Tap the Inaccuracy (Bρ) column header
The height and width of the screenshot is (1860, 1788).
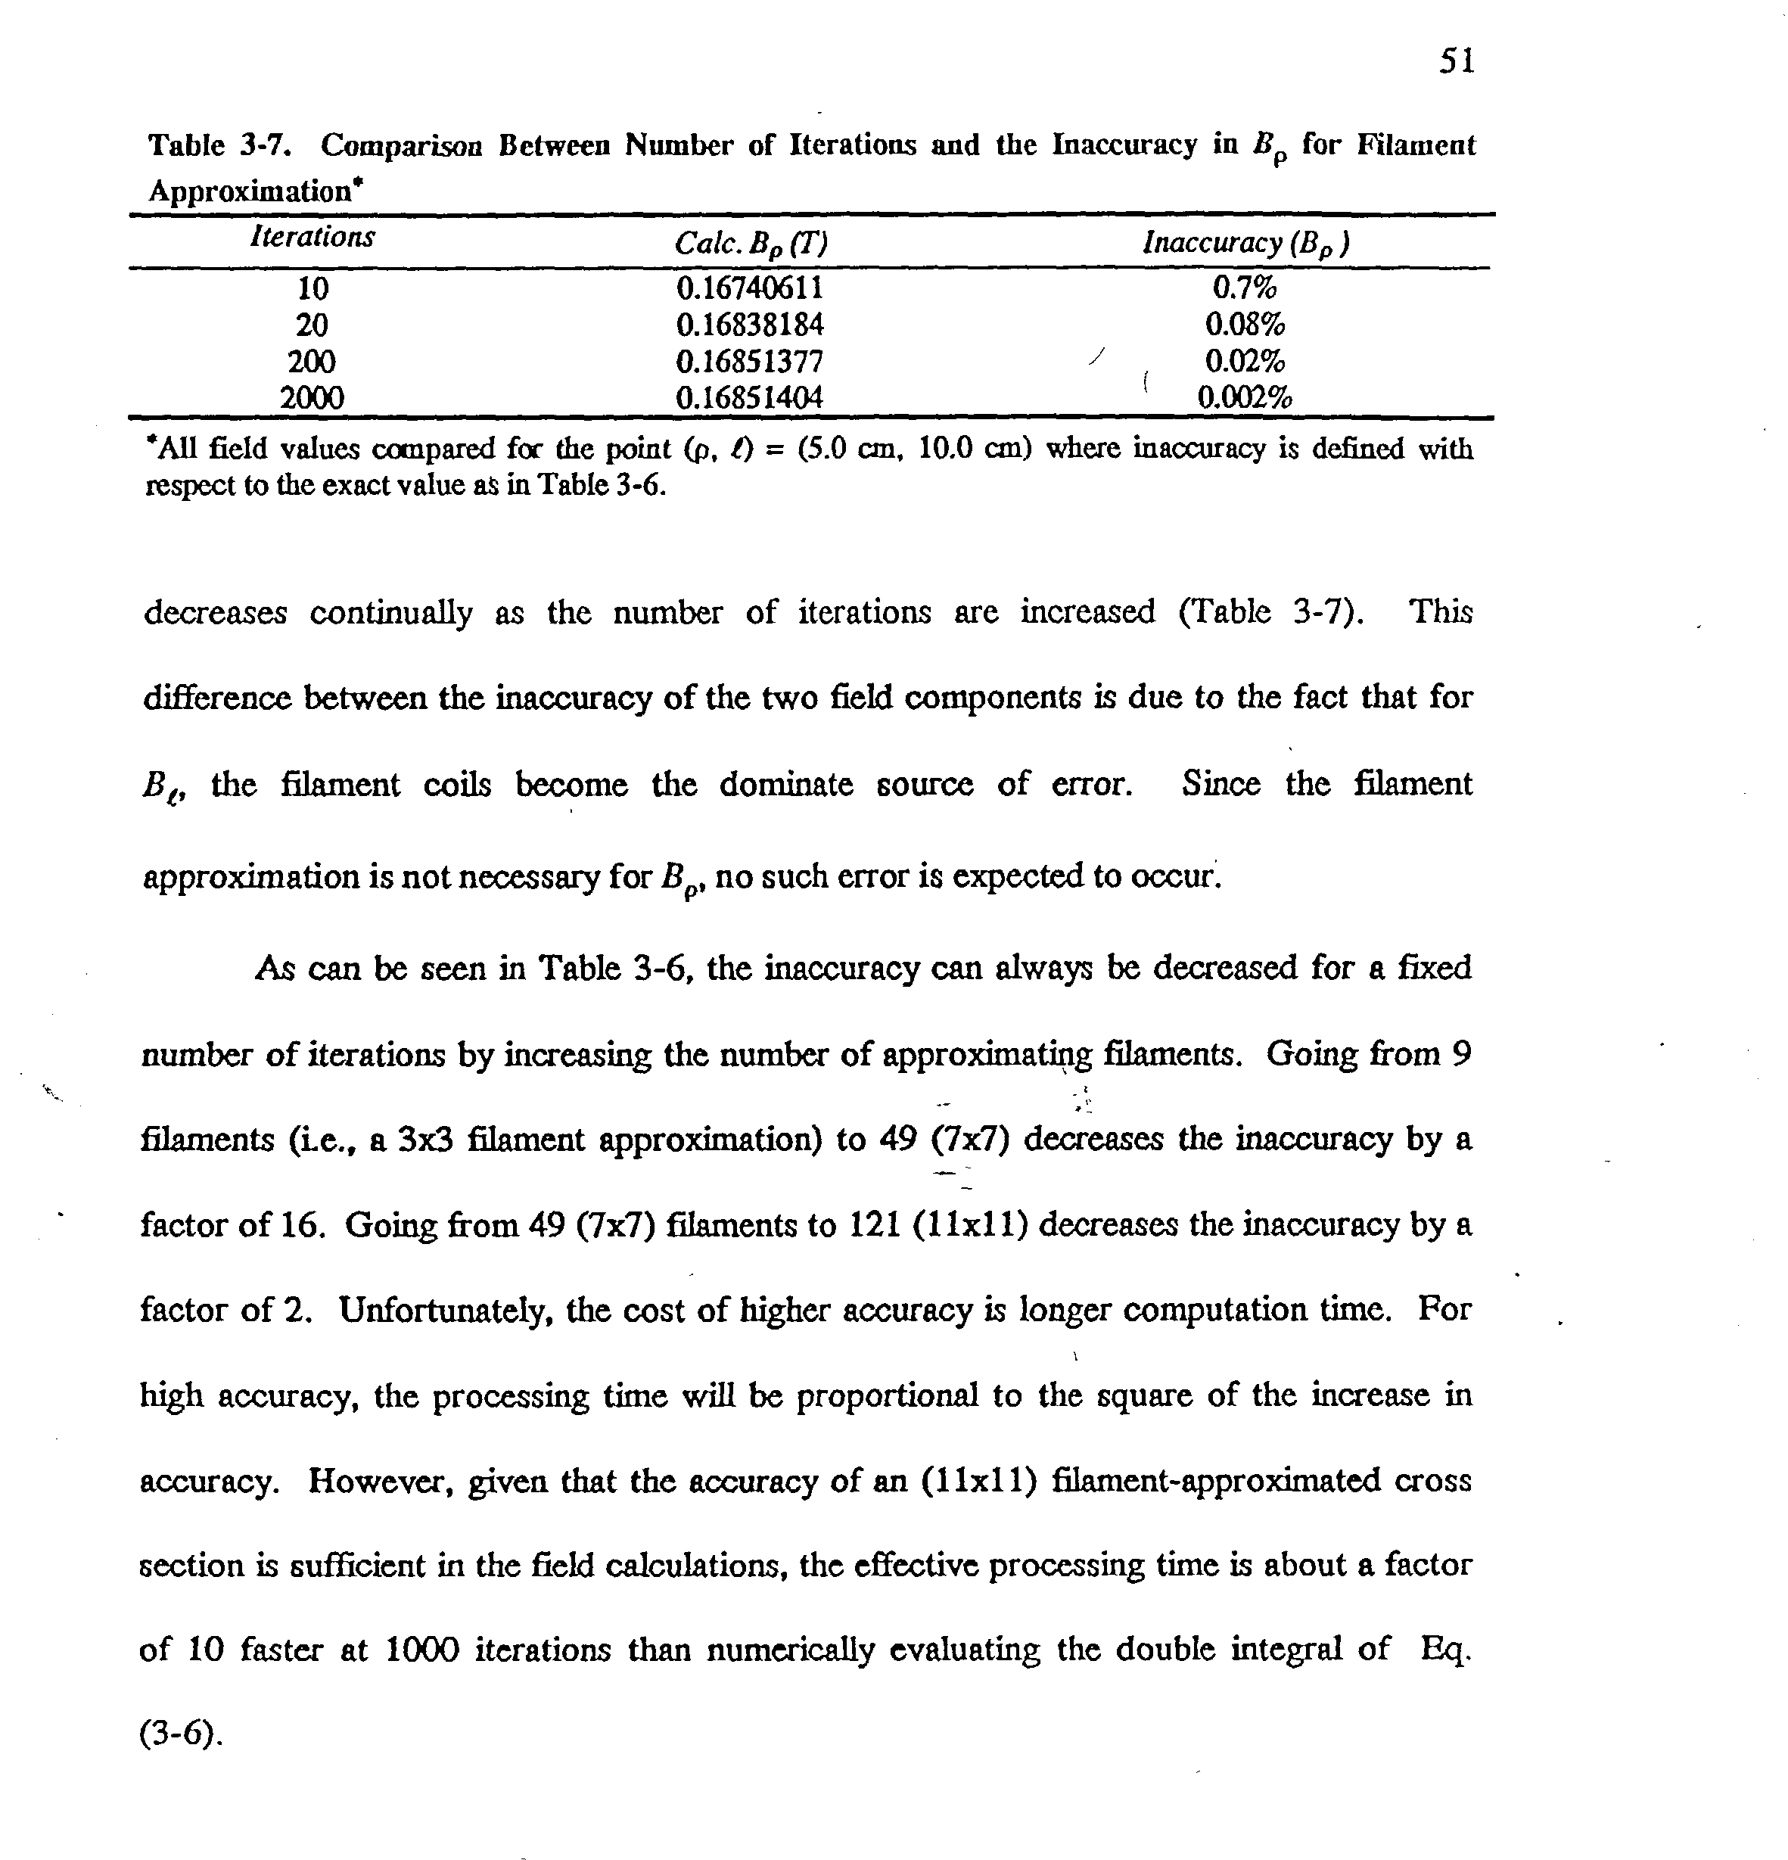click(x=1245, y=244)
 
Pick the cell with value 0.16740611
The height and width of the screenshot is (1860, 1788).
click(x=750, y=288)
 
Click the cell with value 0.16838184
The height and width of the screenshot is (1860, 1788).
click(x=750, y=325)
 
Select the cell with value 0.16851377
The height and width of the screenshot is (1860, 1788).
click(x=750, y=362)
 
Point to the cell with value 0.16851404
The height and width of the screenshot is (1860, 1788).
click(x=750, y=397)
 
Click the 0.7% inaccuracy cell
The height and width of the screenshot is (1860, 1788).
click(x=1244, y=287)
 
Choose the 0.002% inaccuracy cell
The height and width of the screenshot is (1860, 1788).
click(x=1244, y=397)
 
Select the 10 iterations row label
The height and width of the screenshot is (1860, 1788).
click(x=313, y=288)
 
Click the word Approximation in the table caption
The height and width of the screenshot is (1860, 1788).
click(x=250, y=191)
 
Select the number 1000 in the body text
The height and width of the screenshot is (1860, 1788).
click(x=422, y=1650)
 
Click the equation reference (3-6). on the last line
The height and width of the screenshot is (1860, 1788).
click(x=180, y=1734)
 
